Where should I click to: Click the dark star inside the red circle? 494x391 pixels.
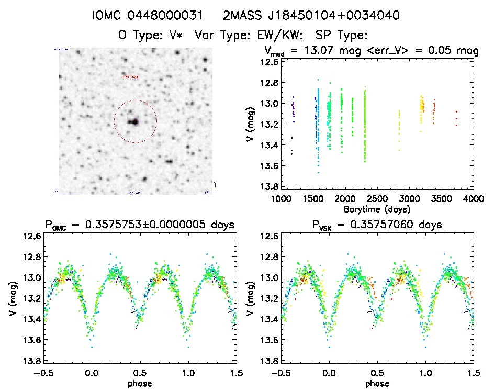133,121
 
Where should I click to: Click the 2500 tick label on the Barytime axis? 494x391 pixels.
377,199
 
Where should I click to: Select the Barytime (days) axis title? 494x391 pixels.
377,209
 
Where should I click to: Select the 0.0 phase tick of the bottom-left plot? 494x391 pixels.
92,374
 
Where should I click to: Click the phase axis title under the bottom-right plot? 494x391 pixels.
377,383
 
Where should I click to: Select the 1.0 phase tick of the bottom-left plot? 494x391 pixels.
187,374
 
